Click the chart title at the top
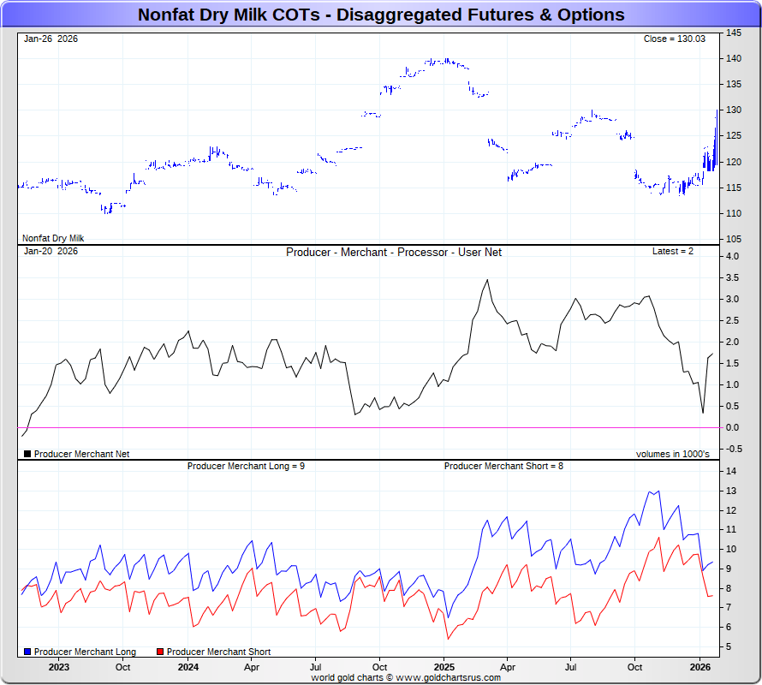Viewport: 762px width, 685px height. coord(381,15)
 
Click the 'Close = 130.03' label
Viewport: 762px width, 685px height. coord(674,39)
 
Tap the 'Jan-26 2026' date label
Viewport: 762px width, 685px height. coord(51,39)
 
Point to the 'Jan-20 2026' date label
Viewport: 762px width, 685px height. coord(51,252)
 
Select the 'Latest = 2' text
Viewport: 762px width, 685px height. coord(673,252)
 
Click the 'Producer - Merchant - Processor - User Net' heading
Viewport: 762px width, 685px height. coord(394,253)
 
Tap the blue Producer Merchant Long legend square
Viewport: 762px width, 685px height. coord(28,652)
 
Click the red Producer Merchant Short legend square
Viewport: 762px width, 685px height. coord(160,652)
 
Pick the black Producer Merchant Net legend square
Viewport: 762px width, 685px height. coord(27,454)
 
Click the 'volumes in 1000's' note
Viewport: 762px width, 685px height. coord(672,454)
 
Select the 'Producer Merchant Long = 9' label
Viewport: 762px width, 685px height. coord(246,466)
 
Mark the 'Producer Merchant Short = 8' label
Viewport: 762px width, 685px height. coord(503,466)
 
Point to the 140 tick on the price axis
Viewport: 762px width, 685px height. coord(734,58)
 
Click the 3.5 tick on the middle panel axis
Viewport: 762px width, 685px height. coord(734,278)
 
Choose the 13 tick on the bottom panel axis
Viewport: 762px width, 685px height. coord(731,491)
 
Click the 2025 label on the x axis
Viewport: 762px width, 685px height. coord(444,666)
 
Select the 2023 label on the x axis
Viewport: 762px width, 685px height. coord(59,666)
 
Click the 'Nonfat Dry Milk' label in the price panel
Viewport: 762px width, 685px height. coord(53,238)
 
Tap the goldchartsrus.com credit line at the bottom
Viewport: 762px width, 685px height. coord(406,677)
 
